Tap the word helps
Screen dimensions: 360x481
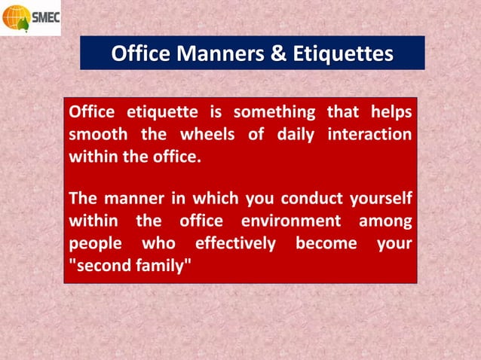pos(391,113)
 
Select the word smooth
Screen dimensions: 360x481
pos(93,136)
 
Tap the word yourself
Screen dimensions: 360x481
pos(381,200)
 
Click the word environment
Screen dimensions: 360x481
pos(290,223)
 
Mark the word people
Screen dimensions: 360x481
pos(93,246)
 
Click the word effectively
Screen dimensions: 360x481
pos(235,246)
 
